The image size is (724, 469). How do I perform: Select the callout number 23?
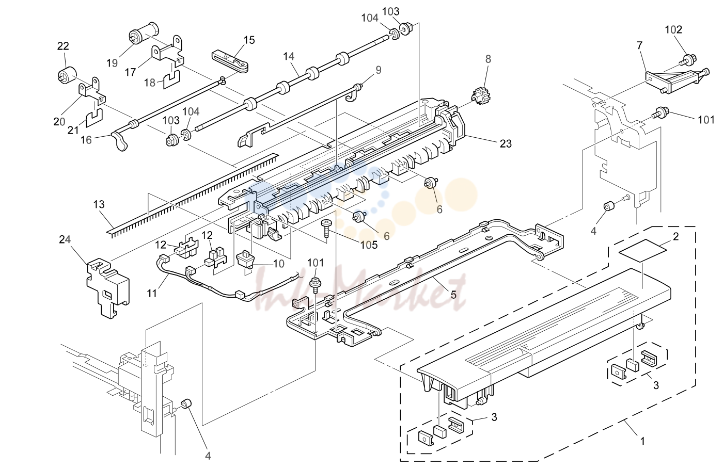pos(506,144)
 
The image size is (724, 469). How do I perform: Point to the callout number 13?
pos(99,204)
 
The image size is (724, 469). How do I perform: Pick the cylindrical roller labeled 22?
pos(68,75)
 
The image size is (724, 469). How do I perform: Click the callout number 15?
pos(249,40)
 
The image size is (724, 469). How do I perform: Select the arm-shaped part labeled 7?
pos(677,80)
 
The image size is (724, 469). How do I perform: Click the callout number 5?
pos(453,295)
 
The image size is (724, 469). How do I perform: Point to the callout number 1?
pos(642,441)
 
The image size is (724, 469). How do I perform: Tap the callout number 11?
pos(152,293)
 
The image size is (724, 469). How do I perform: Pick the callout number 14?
pos(289,57)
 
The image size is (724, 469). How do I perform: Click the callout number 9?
pos(378,70)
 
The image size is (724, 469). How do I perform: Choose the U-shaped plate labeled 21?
pos(95,118)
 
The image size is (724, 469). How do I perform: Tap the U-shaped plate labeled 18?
pos(171,79)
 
